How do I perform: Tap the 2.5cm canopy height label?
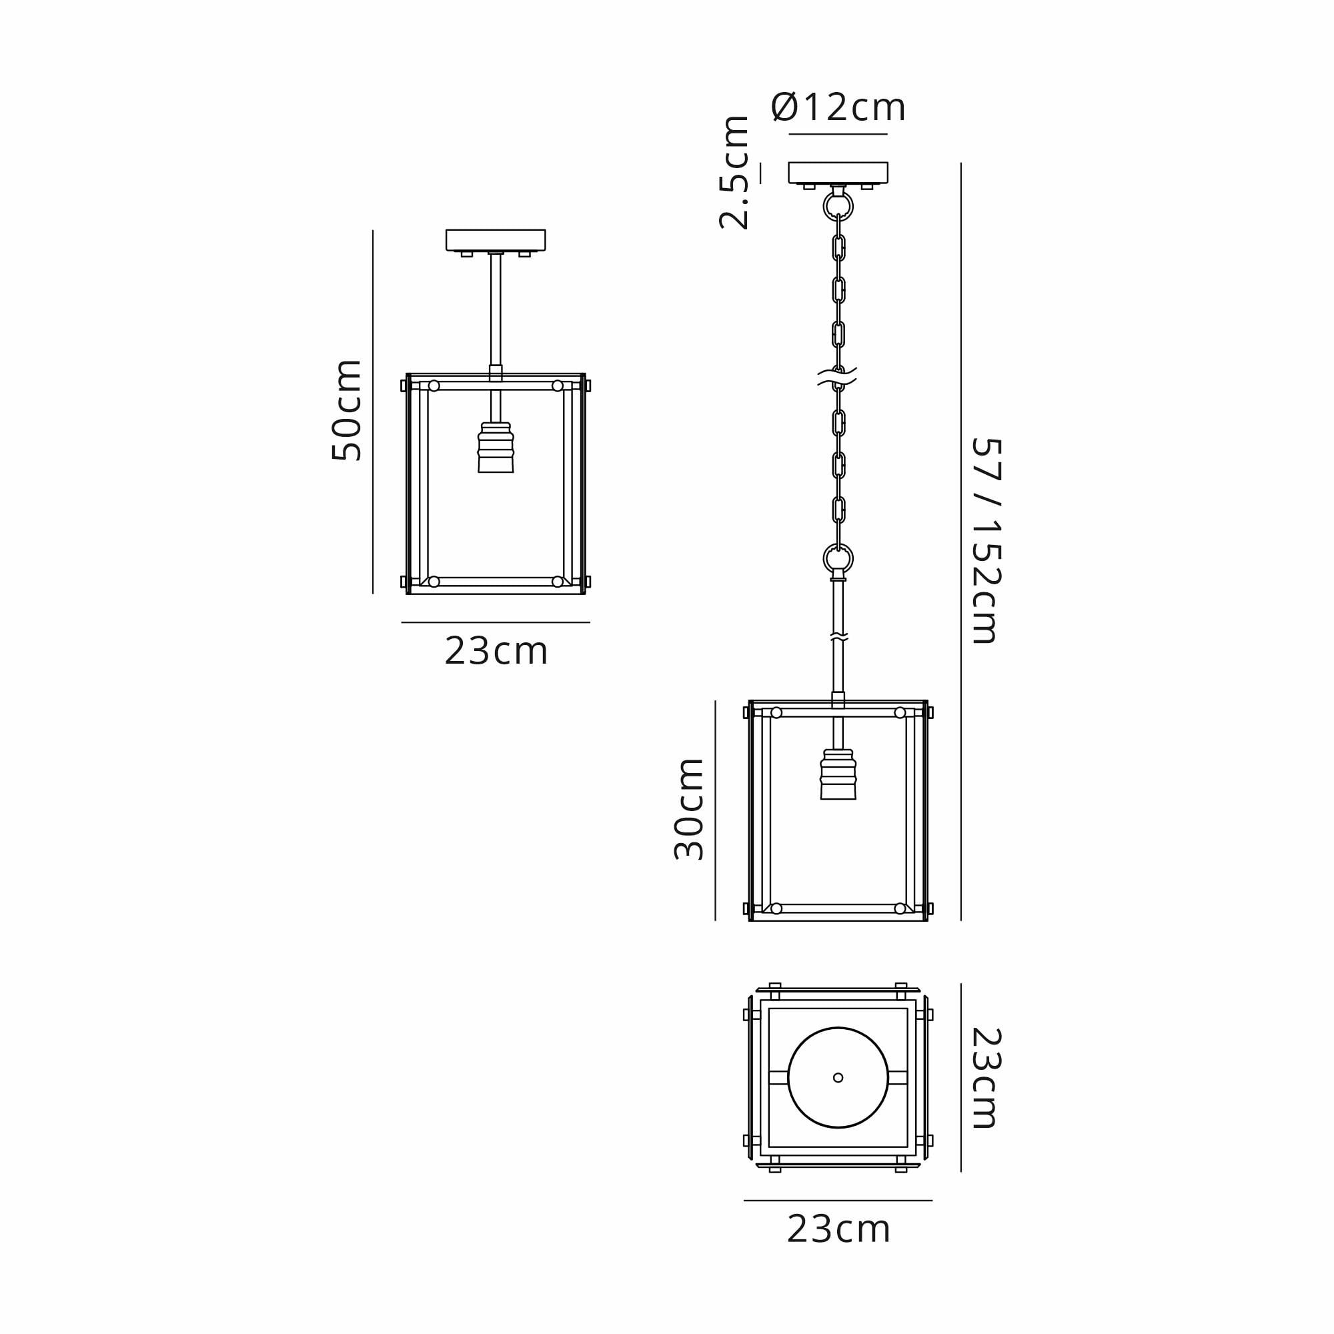coord(734,173)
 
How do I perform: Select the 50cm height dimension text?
coord(347,410)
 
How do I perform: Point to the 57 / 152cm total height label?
coord(985,542)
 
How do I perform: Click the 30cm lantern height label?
coord(689,809)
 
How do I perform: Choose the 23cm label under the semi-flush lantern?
coord(496,651)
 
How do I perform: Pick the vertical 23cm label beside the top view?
coord(985,1078)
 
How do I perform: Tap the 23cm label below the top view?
coord(838,1230)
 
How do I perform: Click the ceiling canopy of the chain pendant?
coord(838,173)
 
